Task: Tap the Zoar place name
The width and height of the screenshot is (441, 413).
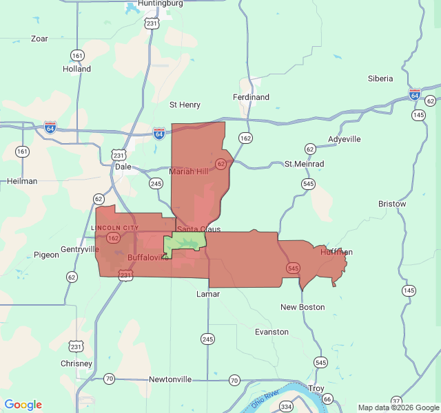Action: tap(39, 39)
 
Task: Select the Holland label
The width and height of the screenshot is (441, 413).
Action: tap(76, 69)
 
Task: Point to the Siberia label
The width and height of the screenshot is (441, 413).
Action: tap(380, 78)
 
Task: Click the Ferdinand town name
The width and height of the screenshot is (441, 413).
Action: tap(251, 97)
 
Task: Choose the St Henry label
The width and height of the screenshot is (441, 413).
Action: tap(185, 105)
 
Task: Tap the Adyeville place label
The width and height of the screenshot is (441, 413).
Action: tap(344, 139)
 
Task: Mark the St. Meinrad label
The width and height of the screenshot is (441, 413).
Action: tap(304, 165)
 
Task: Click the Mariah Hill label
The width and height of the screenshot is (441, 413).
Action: tap(188, 171)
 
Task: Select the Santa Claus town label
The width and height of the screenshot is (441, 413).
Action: tap(198, 229)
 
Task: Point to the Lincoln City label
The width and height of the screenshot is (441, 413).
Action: tap(114, 228)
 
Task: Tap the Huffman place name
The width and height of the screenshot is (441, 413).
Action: tap(336, 252)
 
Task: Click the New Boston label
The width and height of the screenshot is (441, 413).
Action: tap(302, 307)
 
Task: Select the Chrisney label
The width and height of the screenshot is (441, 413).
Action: tap(76, 363)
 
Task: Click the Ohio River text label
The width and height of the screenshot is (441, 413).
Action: tap(265, 399)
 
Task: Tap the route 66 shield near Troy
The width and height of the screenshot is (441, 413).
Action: tap(327, 399)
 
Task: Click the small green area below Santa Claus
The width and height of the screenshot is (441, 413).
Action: tap(185, 242)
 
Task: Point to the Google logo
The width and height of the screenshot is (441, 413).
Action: tap(23, 405)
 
